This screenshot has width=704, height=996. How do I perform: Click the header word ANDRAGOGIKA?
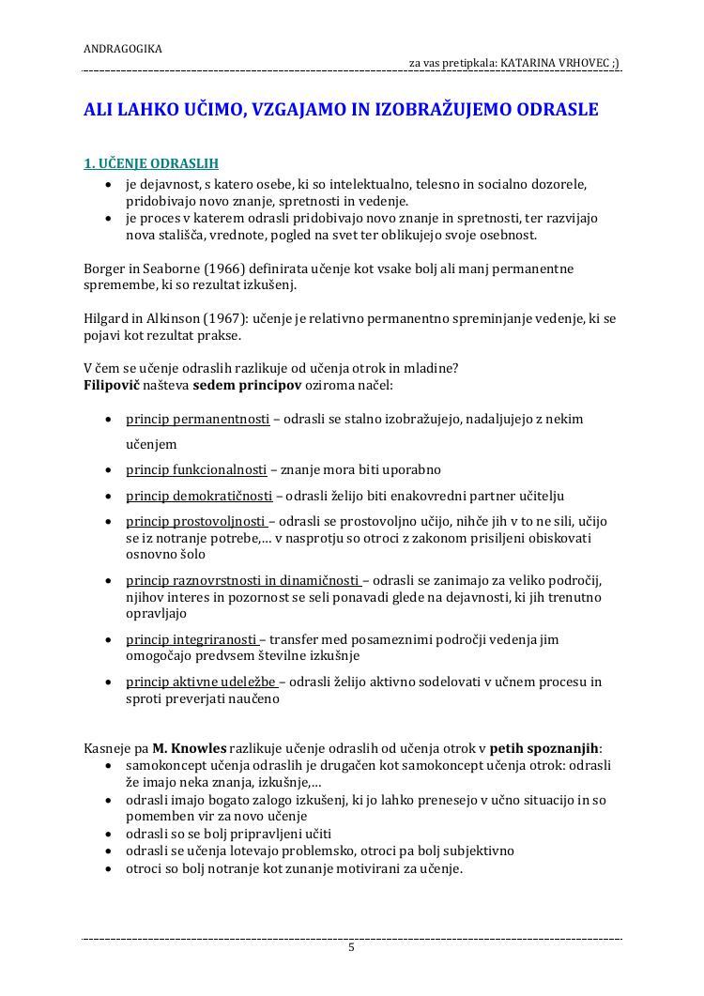(x=123, y=48)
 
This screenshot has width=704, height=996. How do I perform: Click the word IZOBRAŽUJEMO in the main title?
(x=446, y=110)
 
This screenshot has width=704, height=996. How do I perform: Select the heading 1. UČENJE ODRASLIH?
(x=151, y=163)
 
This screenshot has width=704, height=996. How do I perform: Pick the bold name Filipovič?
(x=113, y=386)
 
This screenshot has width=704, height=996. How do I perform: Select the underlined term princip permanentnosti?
(x=198, y=419)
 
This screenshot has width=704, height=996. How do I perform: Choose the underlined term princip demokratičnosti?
(x=199, y=496)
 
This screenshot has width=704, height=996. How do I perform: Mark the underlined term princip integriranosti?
(x=191, y=639)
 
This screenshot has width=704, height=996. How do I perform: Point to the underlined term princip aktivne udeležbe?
(x=200, y=682)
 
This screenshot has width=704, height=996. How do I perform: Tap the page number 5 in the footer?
(x=352, y=947)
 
